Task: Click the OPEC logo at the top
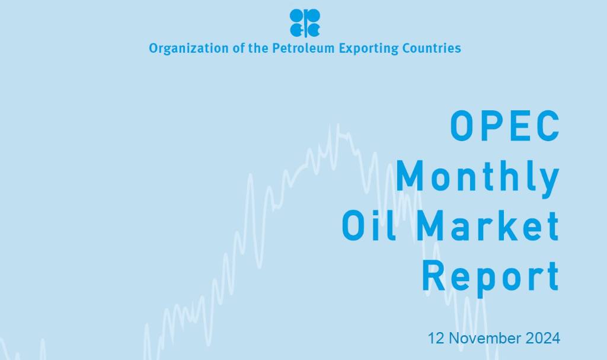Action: click(305, 23)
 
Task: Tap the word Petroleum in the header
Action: click(303, 48)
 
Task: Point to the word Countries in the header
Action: click(431, 48)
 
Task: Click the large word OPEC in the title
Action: click(504, 126)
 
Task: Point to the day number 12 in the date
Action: click(436, 339)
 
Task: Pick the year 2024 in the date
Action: click(542, 339)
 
